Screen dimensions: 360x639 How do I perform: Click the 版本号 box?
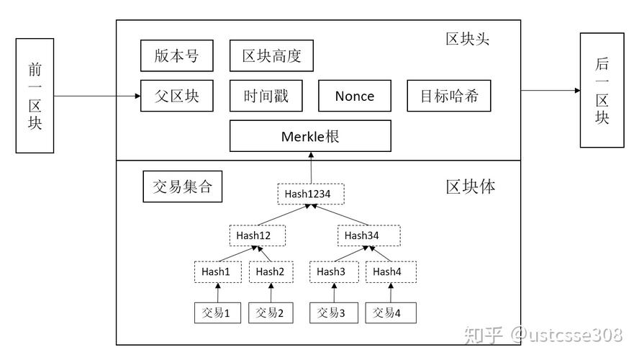pos(176,56)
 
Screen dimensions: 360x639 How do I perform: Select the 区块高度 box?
pos(271,56)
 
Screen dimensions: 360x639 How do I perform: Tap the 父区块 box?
pos(176,96)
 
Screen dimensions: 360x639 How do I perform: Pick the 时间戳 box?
pos(266,96)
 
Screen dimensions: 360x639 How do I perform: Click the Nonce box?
pos(355,96)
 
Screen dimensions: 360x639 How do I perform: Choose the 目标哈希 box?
pos(449,96)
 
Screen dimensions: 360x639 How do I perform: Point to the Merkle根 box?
pos(310,136)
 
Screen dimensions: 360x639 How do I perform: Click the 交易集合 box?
pos(183,187)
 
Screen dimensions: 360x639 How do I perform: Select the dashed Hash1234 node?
pos(311,194)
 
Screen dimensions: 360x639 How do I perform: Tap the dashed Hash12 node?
pos(258,235)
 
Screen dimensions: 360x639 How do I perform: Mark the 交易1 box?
pos(217,312)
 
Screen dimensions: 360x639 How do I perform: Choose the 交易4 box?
pos(391,312)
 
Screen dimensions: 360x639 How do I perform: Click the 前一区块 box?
pos(35,96)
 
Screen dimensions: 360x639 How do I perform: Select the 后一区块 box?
pos(602,90)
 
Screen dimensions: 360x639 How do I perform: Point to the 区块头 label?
pos(467,39)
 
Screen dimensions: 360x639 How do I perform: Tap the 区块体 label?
pos(470,187)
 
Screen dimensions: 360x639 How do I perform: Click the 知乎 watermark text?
pos(482,335)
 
